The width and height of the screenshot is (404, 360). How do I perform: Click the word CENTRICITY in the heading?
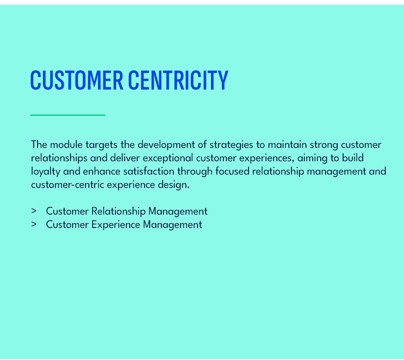click(178, 80)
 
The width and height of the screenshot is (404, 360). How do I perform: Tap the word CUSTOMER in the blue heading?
click(77, 80)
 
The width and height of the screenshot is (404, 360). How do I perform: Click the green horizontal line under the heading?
click(68, 115)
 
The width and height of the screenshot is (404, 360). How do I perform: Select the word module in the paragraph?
click(66, 145)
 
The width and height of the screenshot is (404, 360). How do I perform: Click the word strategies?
click(231, 145)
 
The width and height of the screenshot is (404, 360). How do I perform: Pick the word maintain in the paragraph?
click(287, 145)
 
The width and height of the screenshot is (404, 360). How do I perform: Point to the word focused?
click(232, 172)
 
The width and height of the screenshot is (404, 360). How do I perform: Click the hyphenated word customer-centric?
click(68, 185)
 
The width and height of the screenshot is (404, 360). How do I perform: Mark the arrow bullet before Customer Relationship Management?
click(34, 211)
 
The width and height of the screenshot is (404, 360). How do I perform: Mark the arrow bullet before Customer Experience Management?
click(34, 225)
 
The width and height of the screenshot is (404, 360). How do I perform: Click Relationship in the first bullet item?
click(118, 211)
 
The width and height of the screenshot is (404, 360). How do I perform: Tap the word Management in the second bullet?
click(173, 225)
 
